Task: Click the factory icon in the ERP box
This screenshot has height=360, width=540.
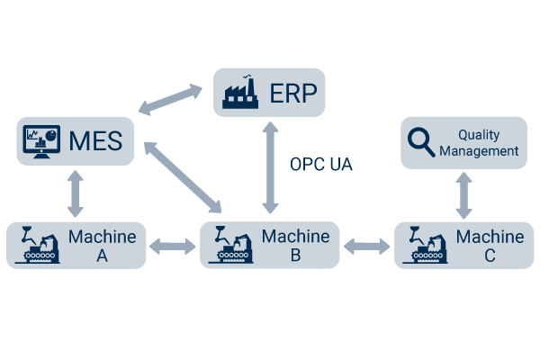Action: click(x=239, y=92)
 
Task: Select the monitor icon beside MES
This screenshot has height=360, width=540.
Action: click(x=41, y=142)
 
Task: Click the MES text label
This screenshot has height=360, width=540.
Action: click(x=96, y=142)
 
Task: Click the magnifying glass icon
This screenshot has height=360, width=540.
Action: click(x=420, y=142)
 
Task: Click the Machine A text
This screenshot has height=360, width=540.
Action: click(x=102, y=246)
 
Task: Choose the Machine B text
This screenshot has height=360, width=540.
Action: click(x=295, y=246)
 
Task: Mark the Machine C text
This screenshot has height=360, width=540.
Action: click(x=490, y=246)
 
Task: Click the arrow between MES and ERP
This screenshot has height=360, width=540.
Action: click(x=171, y=99)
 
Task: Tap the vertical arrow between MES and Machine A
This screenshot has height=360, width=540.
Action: click(x=75, y=193)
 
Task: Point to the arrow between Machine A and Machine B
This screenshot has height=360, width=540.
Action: click(x=173, y=245)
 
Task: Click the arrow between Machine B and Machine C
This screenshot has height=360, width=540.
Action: click(x=367, y=245)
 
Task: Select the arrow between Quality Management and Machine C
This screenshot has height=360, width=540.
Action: click(x=463, y=195)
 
